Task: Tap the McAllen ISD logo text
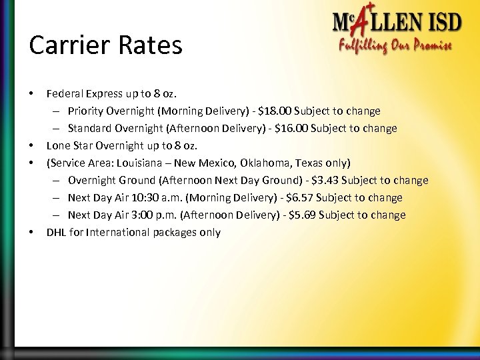click(x=397, y=24)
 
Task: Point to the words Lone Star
click(x=67, y=145)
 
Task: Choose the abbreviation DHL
click(x=55, y=232)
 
